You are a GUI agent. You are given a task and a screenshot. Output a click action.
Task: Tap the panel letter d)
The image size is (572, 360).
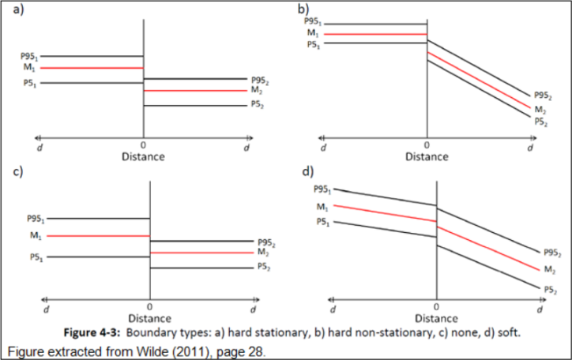point(306,171)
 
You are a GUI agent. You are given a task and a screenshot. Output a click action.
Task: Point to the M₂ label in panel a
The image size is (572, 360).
point(257,91)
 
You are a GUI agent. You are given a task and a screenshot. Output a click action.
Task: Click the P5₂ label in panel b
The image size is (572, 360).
point(540,122)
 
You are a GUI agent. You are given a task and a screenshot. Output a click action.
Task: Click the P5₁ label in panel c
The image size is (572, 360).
point(36,257)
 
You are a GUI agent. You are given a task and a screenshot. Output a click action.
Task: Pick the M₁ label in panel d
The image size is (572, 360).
point(322,207)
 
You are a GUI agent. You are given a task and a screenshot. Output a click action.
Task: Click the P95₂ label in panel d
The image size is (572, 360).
point(552,253)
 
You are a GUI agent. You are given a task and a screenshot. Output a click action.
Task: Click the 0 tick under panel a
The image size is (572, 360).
point(143,145)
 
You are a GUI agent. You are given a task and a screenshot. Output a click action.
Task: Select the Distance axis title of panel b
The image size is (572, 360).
point(427,156)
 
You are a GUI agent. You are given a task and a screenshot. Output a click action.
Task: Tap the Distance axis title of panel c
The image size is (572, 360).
point(149,318)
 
